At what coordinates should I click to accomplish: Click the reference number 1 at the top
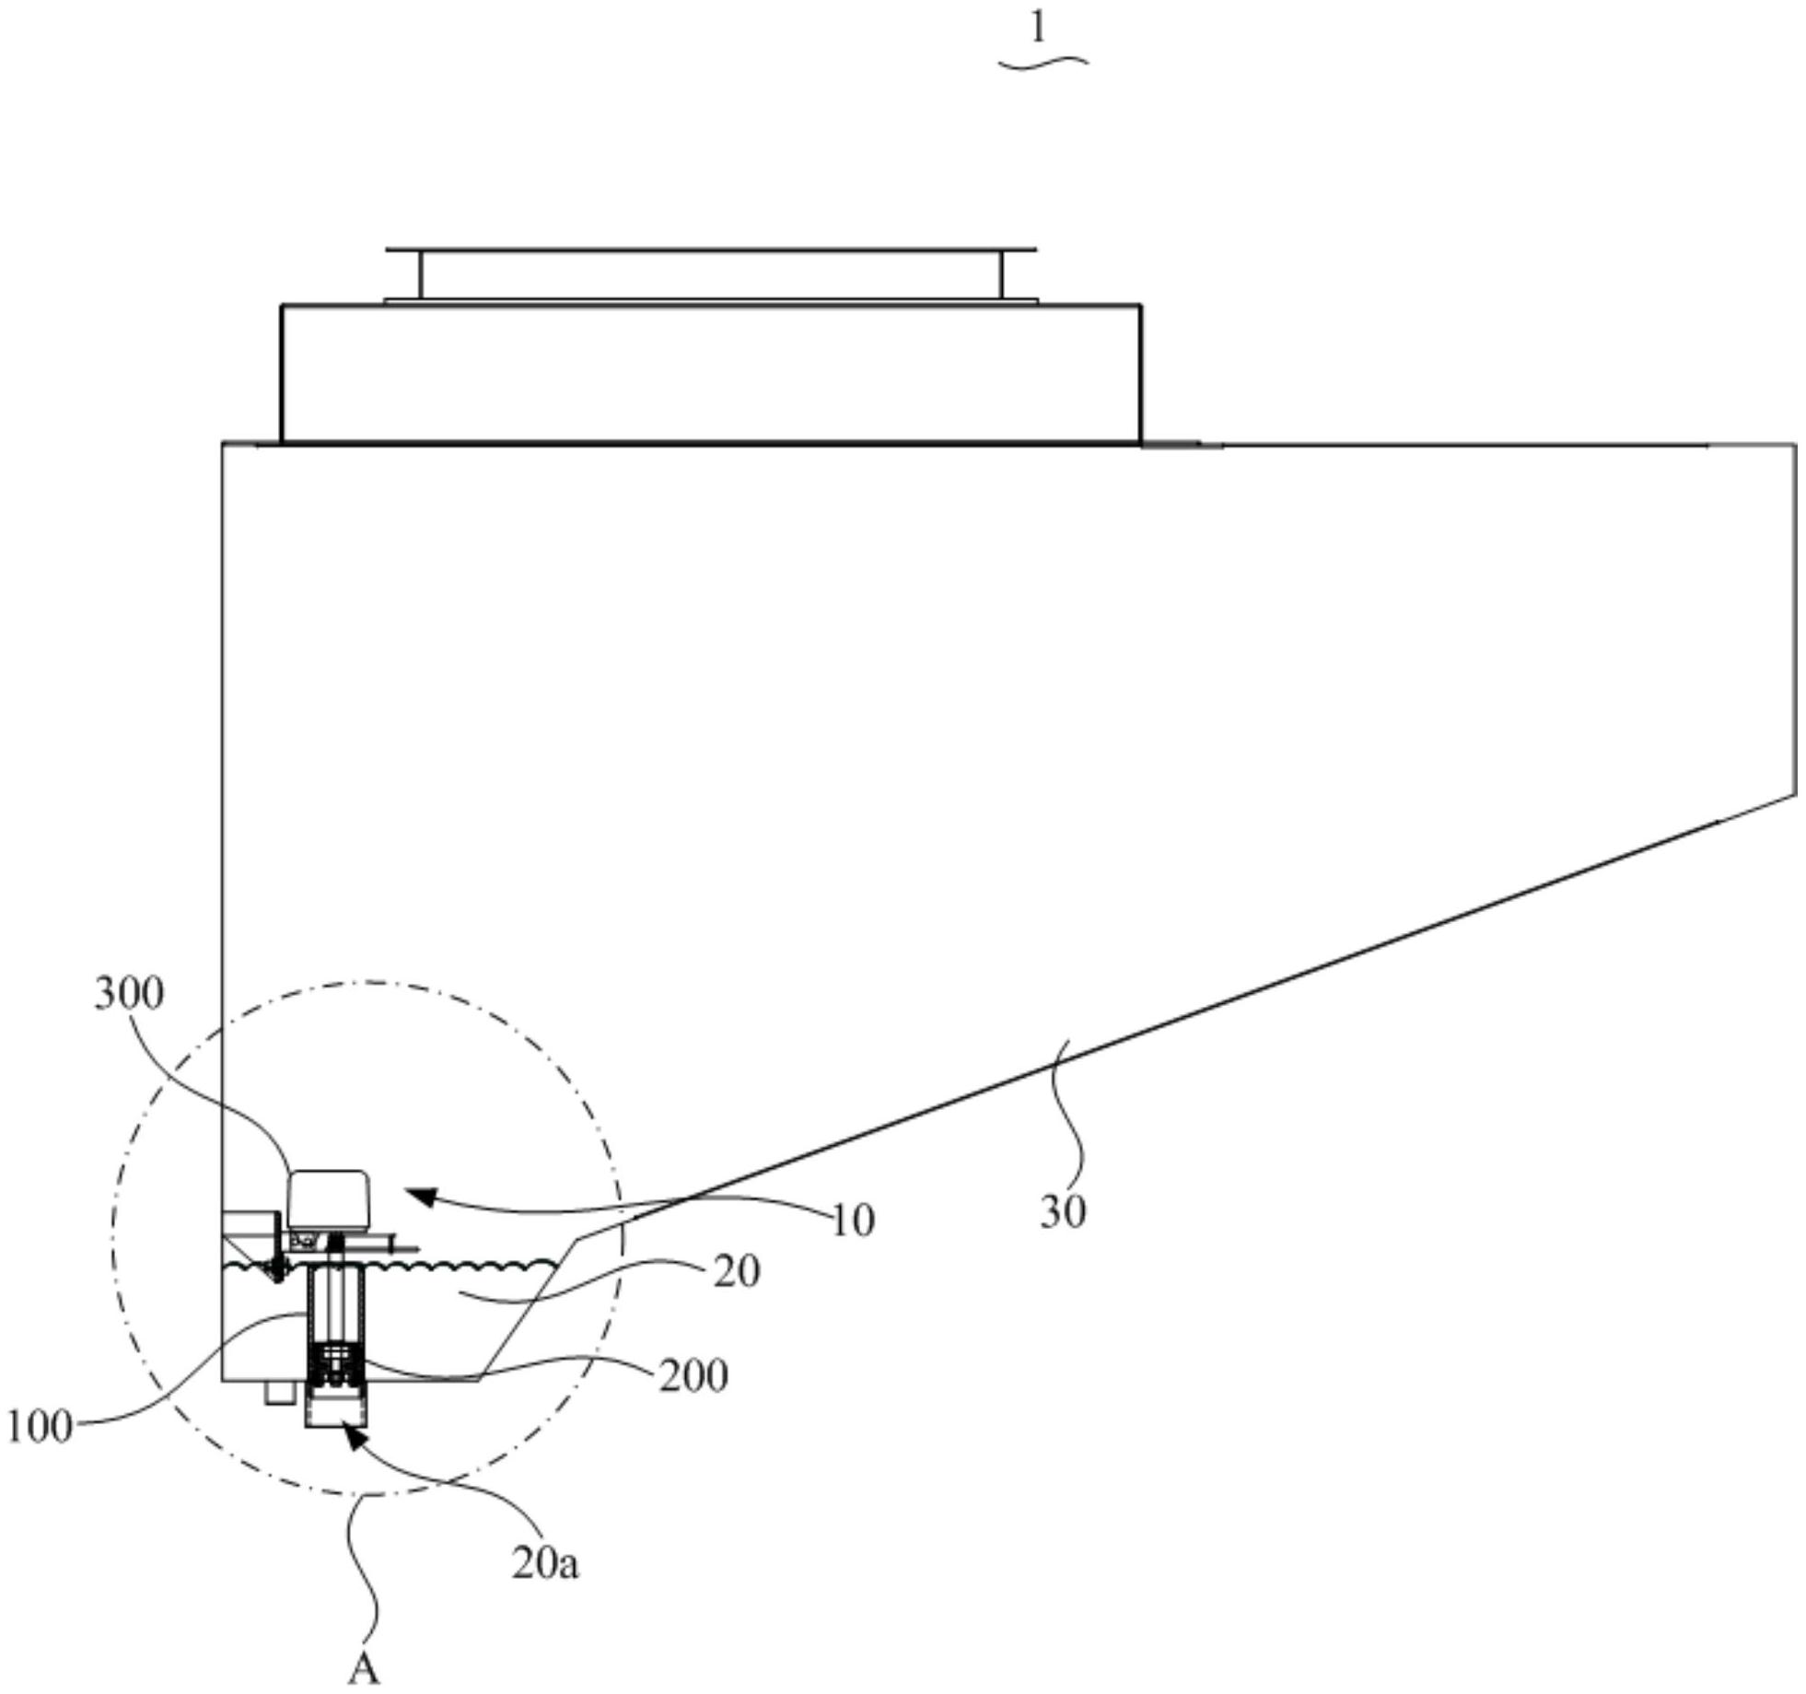(x=1038, y=29)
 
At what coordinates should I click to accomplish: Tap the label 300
(x=130, y=994)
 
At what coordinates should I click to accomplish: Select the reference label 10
(x=853, y=1221)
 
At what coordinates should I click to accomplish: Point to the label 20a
(x=545, y=1564)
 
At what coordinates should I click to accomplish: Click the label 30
(x=1063, y=1212)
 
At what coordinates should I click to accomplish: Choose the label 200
(x=693, y=1376)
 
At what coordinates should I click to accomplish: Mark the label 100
(x=40, y=1427)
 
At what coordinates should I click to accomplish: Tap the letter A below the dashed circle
(x=363, y=1668)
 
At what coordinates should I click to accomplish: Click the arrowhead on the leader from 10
(x=417, y=1196)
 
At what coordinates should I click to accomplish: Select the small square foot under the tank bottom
(x=276, y=1391)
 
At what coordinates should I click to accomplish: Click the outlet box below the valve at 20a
(x=335, y=1407)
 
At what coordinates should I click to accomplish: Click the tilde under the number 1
(x=1043, y=63)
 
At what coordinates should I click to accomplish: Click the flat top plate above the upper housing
(x=710, y=250)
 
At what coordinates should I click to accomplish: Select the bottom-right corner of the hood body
(x=1794, y=794)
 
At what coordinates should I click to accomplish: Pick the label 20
(x=737, y=1272)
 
